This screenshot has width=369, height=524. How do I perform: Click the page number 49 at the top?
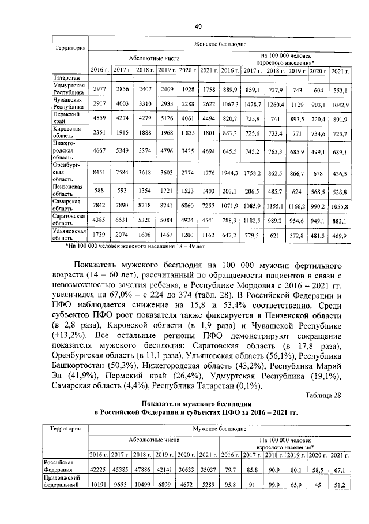(x=198, y=27)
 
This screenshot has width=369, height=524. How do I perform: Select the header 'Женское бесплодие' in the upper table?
(x=220, y=44)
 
